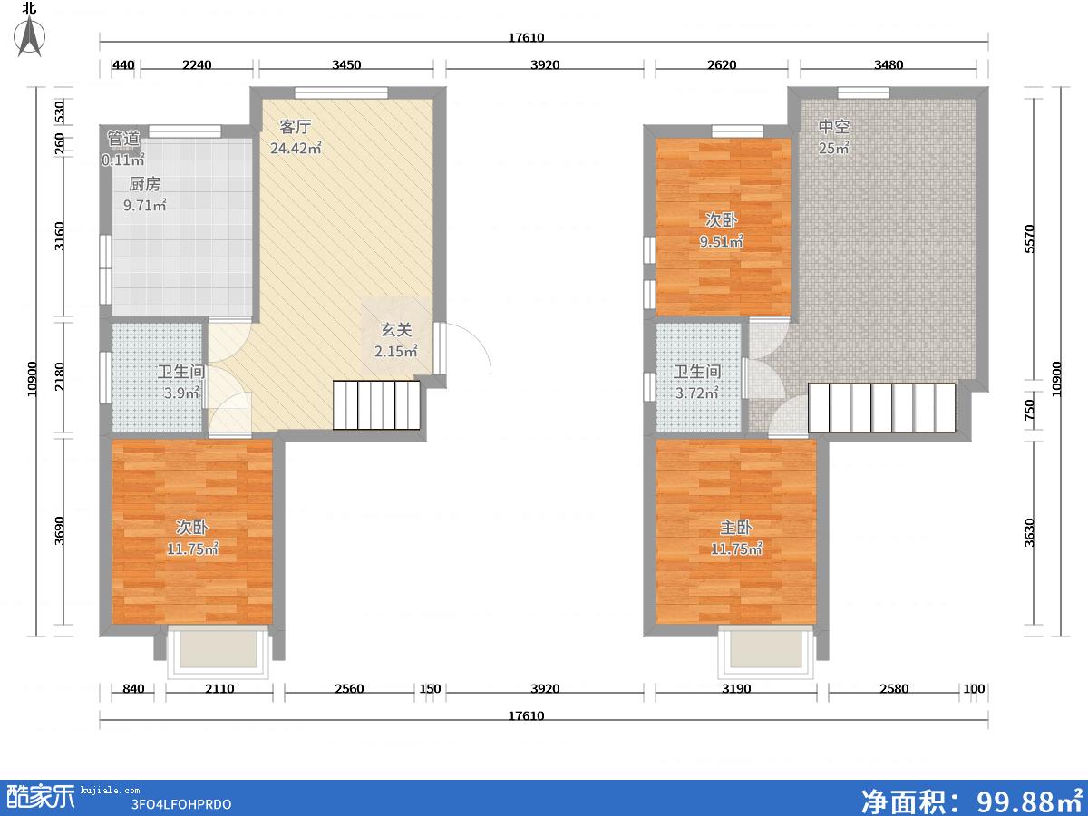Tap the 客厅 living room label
(296, 127)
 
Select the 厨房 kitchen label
(145, 184)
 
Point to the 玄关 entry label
(396, 330)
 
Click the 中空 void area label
(834, 127)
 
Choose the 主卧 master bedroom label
(736, 527)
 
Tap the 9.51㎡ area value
(721, 242)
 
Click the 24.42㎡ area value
(296, 148)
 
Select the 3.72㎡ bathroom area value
(697, 393)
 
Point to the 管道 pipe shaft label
(124, 138)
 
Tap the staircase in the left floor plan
(376, 404)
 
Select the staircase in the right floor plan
(882, 408)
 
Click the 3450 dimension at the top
(346, 65)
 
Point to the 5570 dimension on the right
(1029, 238)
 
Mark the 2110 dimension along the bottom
(219, 689)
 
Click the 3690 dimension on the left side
(60, 530)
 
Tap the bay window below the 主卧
(766, 652)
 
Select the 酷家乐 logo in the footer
(41, 797)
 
